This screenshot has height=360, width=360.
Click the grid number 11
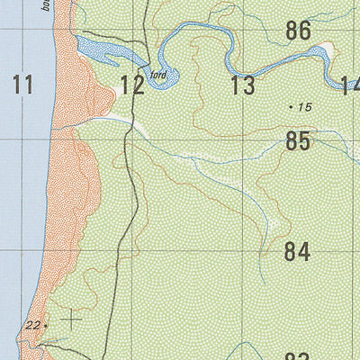[23, 85]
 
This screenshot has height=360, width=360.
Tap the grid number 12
[132, 86]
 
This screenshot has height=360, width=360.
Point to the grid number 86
[298, 31]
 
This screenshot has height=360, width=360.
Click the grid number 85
[298, 141]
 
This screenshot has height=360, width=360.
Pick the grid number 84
[298, 252]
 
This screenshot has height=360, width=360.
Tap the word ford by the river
[160, 76]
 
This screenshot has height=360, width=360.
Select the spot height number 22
[33, 325]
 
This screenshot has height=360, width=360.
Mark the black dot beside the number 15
[291, 107]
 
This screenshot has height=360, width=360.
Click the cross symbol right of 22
[69, 319]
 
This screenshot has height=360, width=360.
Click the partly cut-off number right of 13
[351, 86]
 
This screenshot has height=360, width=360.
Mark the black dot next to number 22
[46, 325]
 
